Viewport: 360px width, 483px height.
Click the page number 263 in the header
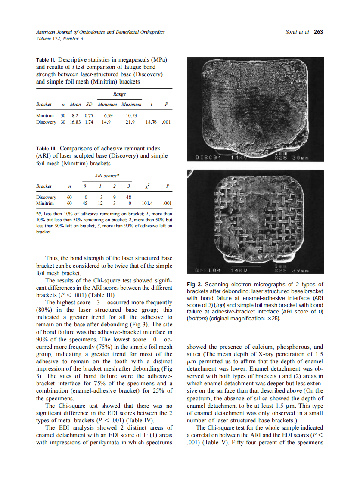[318, 32]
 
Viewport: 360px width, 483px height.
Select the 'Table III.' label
[47, 149]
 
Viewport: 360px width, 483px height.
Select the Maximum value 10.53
[131, 115]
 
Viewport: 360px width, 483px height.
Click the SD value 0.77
[89, 115]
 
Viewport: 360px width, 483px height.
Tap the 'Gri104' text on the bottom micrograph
[207, 270]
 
